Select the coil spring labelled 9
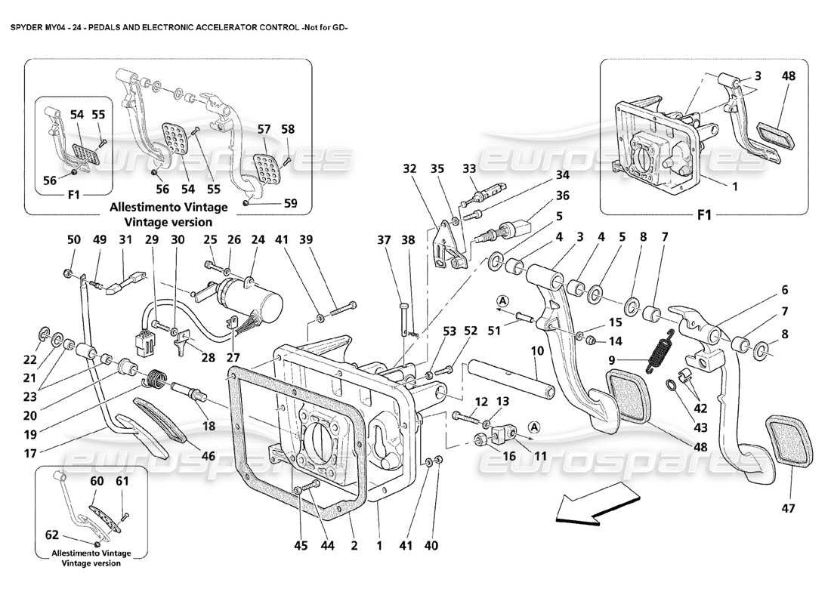point(660,353)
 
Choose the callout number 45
point(301,545)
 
